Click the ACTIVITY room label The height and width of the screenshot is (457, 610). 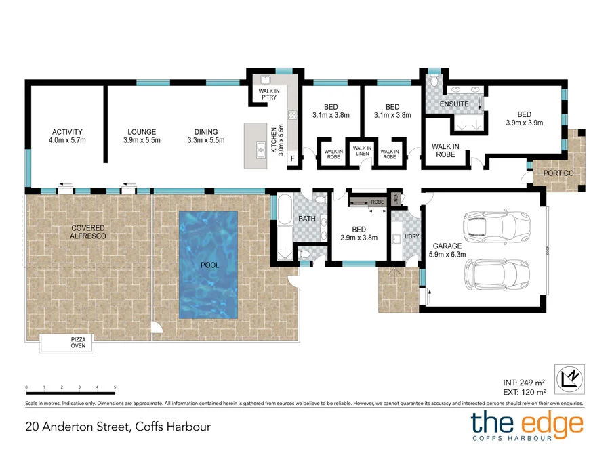[67, 136]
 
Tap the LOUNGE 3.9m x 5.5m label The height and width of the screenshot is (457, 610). [142, 136]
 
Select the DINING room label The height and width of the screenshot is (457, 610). [206, 136]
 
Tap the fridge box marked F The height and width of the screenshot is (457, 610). [292, 158]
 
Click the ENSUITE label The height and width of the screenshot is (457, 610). [454, 104]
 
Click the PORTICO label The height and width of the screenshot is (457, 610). [558, 173]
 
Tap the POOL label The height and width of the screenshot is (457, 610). [209, 265]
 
